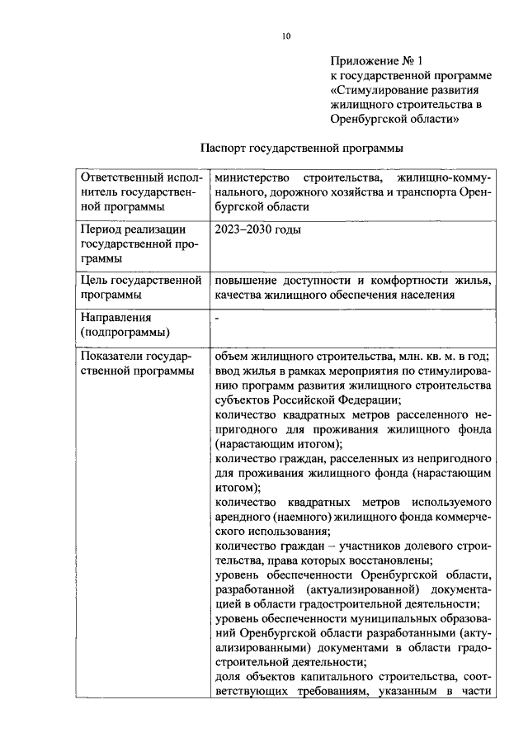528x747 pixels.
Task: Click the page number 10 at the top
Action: tap(285, 36)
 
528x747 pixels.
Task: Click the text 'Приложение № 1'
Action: tap(376, 61)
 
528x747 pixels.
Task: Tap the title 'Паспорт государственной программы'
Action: tap(301, 149)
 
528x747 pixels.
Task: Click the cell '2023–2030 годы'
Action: tap(257, 229)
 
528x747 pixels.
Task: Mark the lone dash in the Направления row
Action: tap(217, 316)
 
